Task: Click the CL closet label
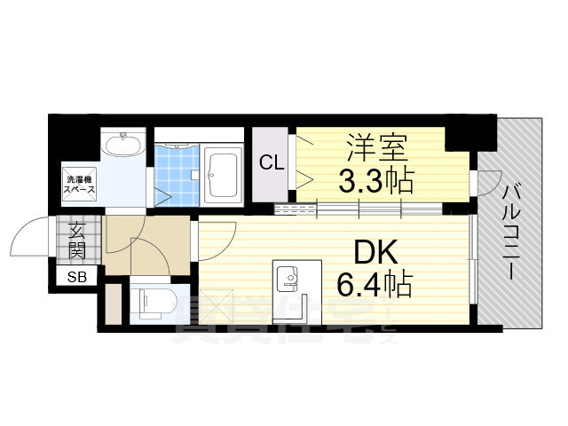click(272, 162)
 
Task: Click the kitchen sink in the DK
click(287, 279)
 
